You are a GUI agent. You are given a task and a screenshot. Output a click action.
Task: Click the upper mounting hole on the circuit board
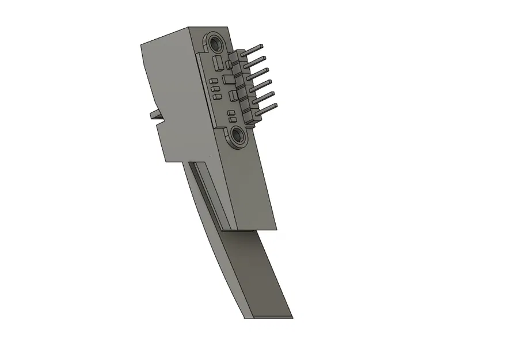tap(217, 44)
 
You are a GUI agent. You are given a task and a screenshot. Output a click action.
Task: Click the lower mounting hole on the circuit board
tap(237, 136)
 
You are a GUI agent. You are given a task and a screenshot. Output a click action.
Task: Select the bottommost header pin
tap(267, 107)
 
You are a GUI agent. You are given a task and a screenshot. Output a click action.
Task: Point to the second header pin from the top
tap(257, 60)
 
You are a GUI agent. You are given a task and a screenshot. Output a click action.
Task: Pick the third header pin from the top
tap(260, 72)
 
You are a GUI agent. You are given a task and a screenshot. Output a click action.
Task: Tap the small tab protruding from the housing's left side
tap(154, 115)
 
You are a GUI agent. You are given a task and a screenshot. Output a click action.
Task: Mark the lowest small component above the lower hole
tap(232, 118)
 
